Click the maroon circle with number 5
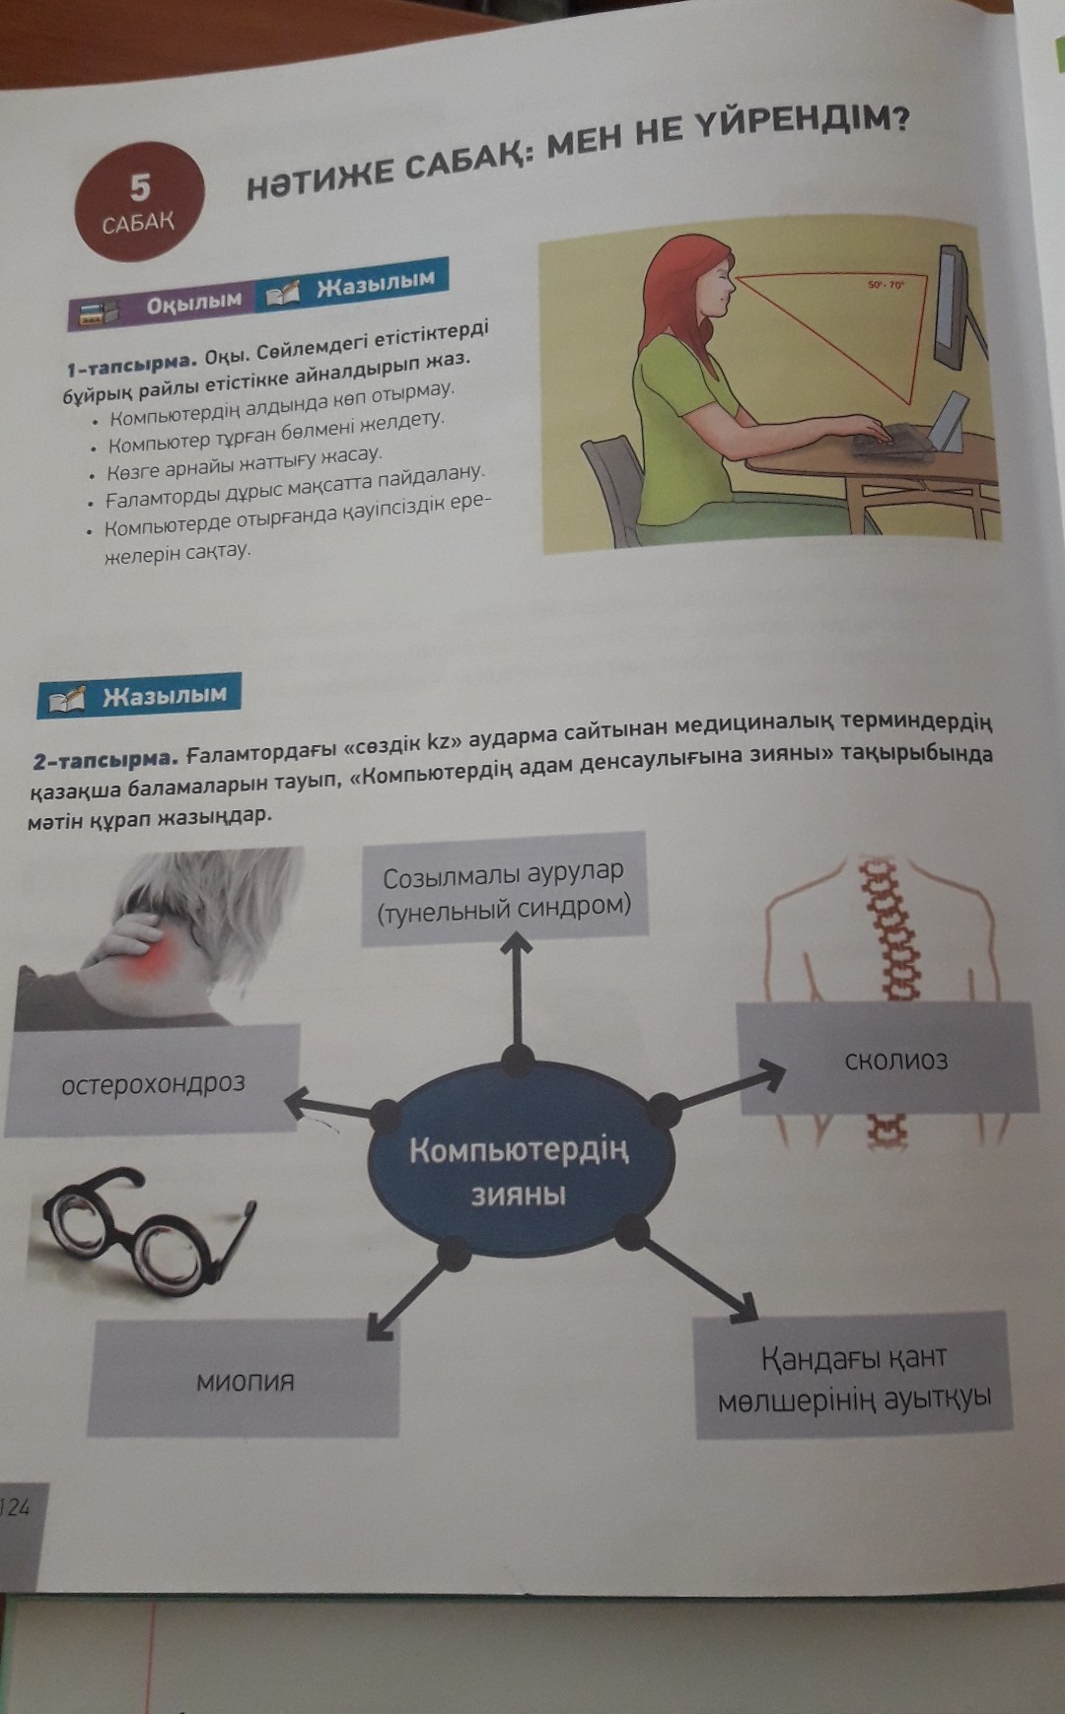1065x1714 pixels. pyautogui.click(x=139, y=201)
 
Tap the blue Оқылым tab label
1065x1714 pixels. pyautogui.click(x=193, y=301)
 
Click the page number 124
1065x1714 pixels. pyautogui.click(x=15, y=1505)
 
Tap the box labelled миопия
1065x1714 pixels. pyautogui.click(x=245, y=1379)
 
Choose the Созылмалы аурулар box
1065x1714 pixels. pyautogui.click(x=504, y=889)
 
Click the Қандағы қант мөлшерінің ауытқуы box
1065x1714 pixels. pyautogui.click(x=853, y=1377)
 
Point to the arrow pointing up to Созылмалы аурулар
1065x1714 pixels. pyautogui.click(x=515, y=994)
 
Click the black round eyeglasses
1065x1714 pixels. pyautogui.click(x=144, y=1225)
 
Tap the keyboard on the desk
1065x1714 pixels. pyautogui.click(x=891, y=438)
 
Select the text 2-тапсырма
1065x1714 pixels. pyautogui.click(x=105, y=759)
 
